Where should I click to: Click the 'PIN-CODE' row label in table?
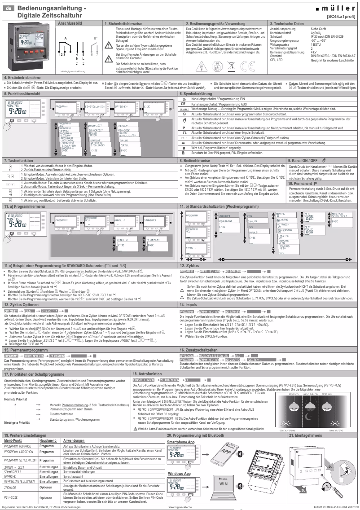pos(11,497)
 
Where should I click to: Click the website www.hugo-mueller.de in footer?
pos(182,506)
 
